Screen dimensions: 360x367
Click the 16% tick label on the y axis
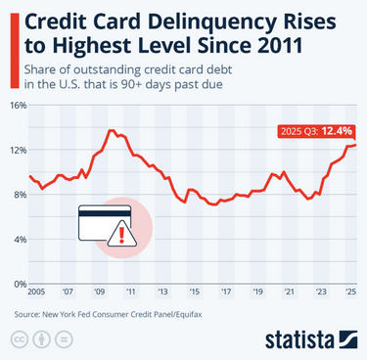(19, 104)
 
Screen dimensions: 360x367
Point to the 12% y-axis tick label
(19, 149)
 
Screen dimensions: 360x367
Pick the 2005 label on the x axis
(36, 292)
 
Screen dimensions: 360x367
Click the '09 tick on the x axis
(99, 292)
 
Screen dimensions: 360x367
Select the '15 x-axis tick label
(194, 292)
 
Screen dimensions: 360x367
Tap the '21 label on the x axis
(289, 292)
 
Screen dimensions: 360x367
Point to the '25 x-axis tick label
(350, 292)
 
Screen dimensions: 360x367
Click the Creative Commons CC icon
(19, 339)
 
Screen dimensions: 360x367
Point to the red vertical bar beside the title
(8, 31)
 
